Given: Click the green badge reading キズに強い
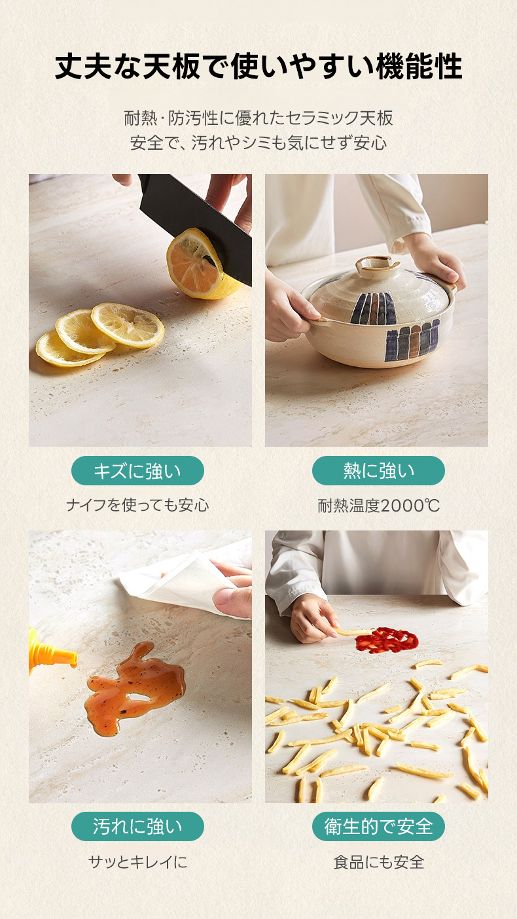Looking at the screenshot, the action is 137,470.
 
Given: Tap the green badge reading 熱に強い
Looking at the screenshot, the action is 378,470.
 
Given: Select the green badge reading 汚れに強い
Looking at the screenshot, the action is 137,826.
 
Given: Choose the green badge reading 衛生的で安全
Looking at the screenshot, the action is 378,826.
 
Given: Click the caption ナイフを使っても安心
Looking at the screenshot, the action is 137,505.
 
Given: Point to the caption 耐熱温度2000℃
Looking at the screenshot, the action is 378,506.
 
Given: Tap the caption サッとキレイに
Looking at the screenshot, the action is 137,861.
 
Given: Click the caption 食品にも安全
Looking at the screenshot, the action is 378,861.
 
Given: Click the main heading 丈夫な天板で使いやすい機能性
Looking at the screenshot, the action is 258,67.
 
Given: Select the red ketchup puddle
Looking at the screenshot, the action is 387,640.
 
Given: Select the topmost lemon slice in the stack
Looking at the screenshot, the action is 128,325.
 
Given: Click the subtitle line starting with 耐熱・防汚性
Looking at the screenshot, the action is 258,118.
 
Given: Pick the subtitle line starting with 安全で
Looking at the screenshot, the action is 258,143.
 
